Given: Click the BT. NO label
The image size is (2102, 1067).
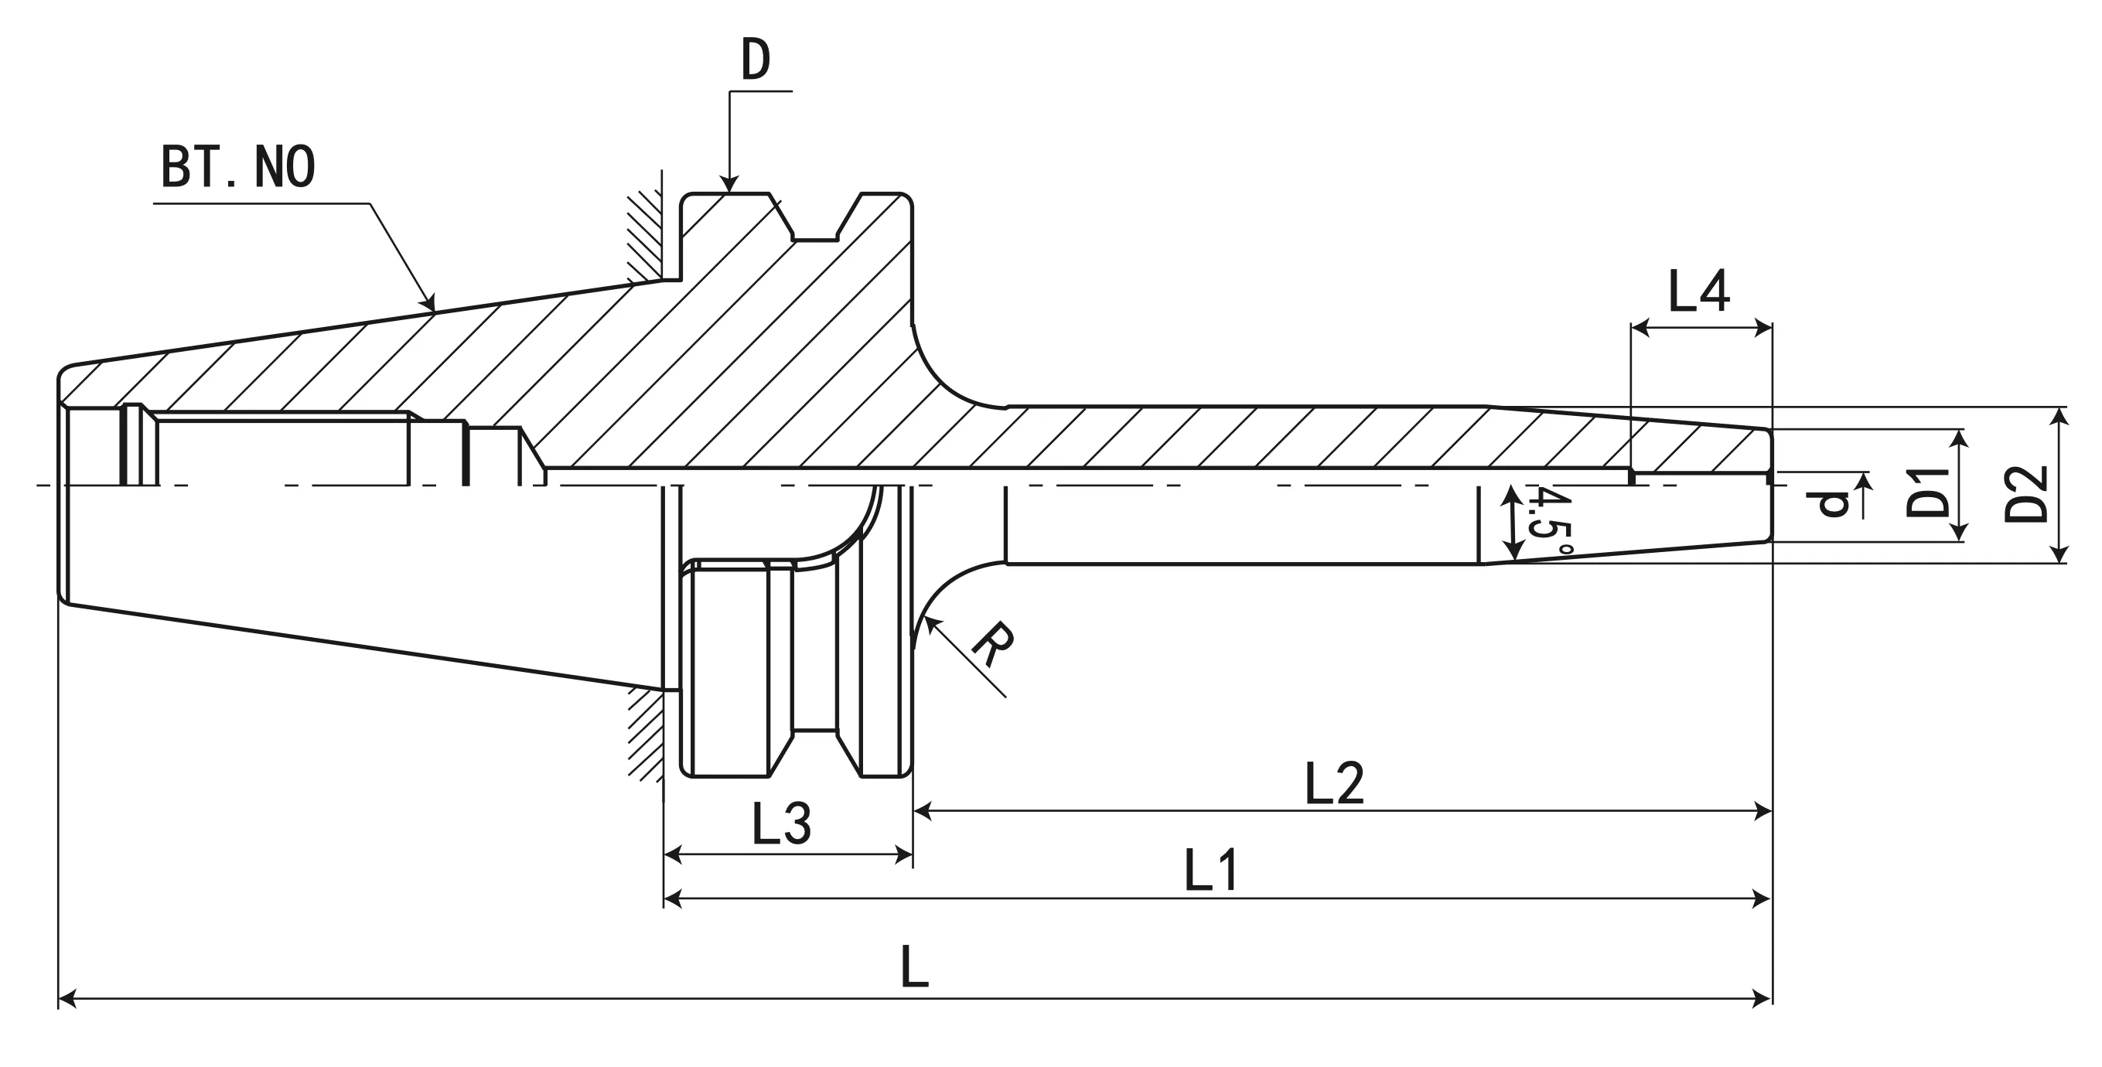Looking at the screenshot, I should [x=237, y=167].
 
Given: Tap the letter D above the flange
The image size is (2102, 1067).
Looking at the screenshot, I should [x=756, y=60].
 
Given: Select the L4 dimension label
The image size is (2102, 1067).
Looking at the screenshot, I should [x=1698, y=292].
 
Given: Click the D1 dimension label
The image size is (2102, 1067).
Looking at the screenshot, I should [x=1927, y=492].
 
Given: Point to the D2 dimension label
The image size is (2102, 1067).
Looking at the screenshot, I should [x=2026, y=493].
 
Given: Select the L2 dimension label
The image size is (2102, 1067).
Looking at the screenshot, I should [x=1334, y=784].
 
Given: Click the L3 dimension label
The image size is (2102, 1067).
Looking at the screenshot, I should [x=781, y=824].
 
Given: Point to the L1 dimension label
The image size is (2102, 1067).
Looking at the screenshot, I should [x=1212, y=871].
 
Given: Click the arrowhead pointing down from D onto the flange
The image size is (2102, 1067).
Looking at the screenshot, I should [x=729, y=184].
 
